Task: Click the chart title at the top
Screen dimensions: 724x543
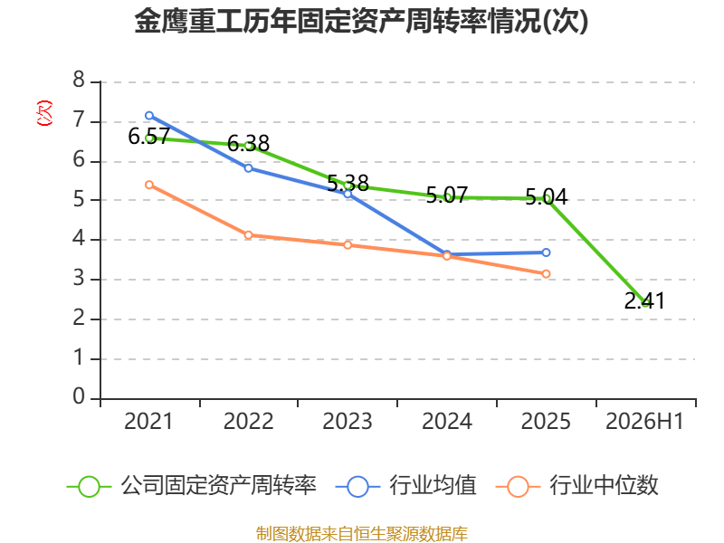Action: coord(361,21)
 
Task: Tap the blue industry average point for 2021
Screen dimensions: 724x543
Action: coord(149,116)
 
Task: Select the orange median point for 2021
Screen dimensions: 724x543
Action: coord(149,185)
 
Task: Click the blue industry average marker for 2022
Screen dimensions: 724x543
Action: coord(248,168)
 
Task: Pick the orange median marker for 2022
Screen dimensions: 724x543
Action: coord(248,235)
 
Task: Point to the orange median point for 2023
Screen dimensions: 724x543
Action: coord(348,245)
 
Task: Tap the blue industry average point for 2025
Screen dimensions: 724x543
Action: coord(546,252)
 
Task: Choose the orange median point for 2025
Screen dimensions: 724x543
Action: coord(546,274)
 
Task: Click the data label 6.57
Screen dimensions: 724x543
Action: coord(149,137)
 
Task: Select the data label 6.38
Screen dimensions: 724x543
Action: coord(248,144)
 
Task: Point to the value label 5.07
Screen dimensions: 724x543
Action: coord(447,195)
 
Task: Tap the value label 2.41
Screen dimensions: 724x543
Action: coord(644,301)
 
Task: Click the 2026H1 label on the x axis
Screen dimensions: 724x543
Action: coord(644,422)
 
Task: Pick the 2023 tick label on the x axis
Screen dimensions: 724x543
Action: coord(348,422)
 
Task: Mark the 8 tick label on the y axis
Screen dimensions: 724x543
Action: coord(79,80)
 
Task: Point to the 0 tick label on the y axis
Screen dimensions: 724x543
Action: coord(79,396)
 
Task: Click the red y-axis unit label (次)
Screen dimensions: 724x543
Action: coord(44,113)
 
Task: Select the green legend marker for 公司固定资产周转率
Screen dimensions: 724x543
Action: coord(89,487)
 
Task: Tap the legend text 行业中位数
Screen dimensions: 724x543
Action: coord(604,486)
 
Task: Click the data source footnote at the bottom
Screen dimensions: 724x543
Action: coord(362,534)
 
